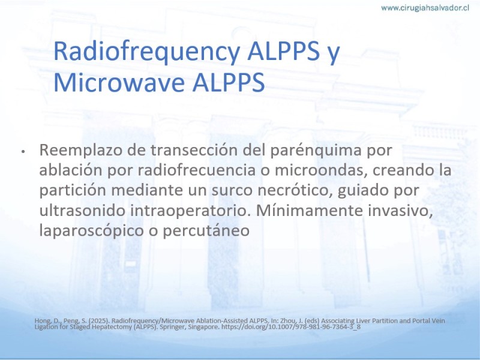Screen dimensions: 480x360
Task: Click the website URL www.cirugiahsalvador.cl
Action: [x=425, y=8]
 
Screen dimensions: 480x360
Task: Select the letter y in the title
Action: [x=334, y=55]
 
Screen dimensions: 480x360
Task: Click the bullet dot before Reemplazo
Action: [x=23, y=152]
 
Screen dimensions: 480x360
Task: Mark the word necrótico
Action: [x=295, y=191]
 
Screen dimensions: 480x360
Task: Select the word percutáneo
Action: [x=206, y=231]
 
